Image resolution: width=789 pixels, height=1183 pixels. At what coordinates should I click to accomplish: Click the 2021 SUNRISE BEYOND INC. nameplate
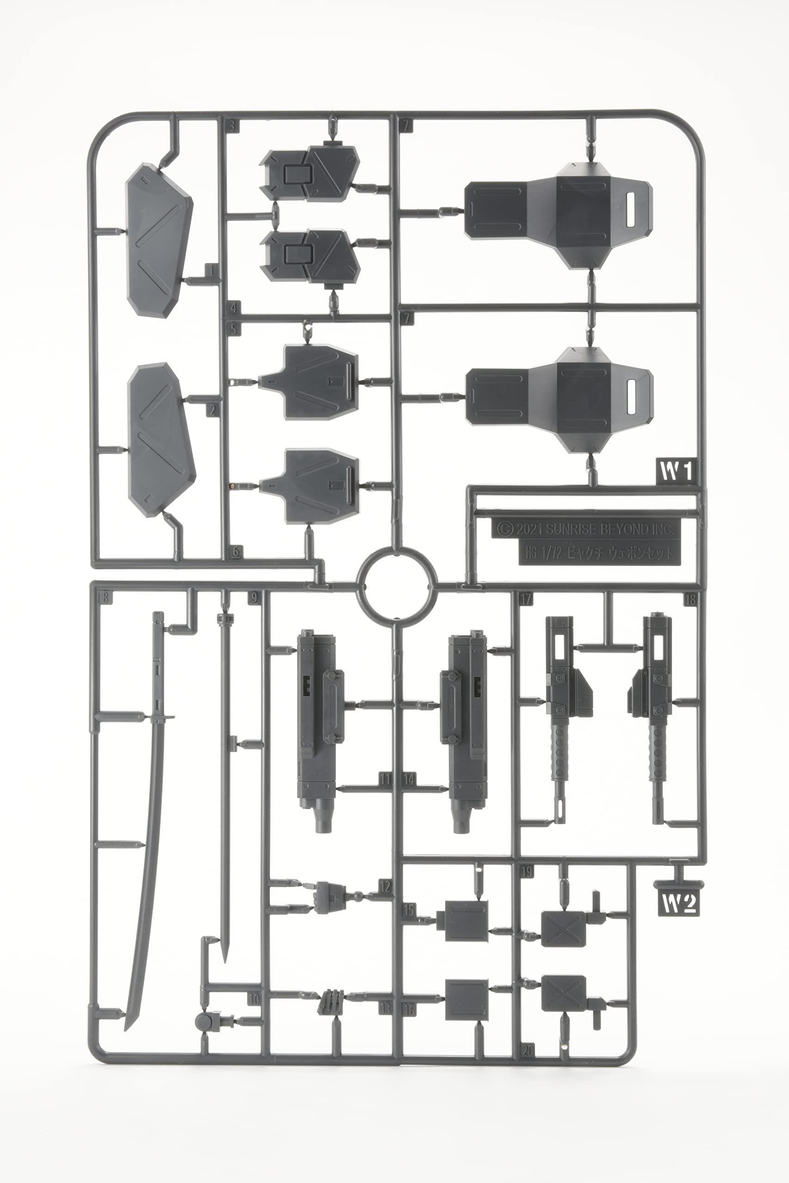(x=586, y=529)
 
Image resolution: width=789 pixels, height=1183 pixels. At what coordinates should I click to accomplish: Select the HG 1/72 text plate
(x=599, y=554)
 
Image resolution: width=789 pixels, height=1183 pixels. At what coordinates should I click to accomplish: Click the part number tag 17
(x=526, y=598)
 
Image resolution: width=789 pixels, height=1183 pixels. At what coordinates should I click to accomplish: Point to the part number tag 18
(x=690, y=599)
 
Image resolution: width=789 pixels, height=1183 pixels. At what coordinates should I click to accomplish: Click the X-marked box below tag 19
(x=563, y=928)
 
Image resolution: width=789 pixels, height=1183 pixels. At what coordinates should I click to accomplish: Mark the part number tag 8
(x=105, y=598)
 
